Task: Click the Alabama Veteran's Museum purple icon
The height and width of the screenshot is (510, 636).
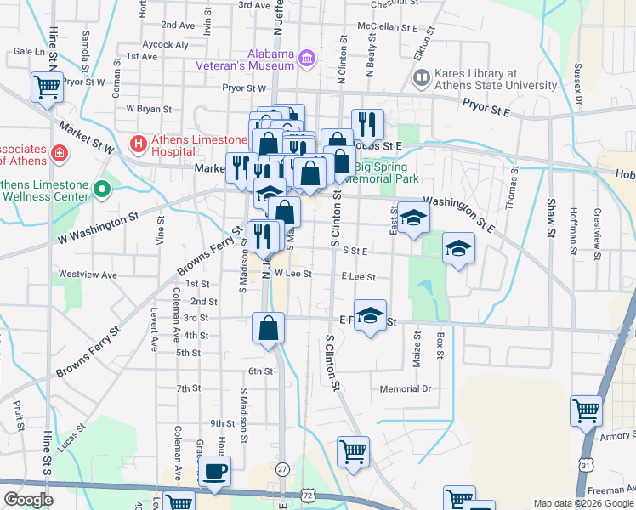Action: [308, 59]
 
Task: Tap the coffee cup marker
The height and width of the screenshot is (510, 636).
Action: [215, 472]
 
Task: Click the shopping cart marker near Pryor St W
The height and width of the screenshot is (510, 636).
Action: [46, 87]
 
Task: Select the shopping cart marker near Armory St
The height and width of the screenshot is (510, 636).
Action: [586, 411]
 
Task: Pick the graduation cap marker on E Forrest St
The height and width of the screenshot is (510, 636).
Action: [370, 316]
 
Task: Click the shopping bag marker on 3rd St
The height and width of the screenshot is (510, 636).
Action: [269, 328]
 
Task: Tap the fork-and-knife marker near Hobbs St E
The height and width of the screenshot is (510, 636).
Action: [367, 124]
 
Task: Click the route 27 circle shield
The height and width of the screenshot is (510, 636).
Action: [282, 468]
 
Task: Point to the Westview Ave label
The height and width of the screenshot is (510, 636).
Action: [88, 275]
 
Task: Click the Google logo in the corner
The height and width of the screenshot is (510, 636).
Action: [29, 500]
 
